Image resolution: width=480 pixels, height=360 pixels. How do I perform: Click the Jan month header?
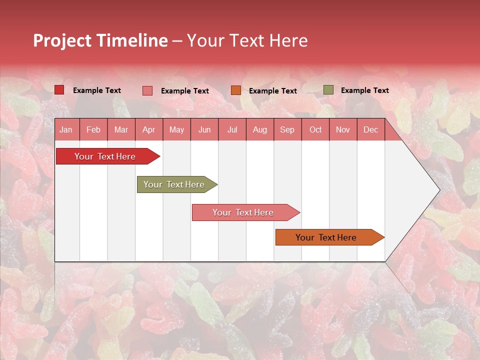tap(66, 129)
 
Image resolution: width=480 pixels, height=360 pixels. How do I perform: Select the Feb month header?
tap(93, 129)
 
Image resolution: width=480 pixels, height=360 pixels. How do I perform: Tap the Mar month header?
tap(121, 129)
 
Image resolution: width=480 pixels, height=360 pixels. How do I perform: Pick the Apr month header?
tap(148, 129)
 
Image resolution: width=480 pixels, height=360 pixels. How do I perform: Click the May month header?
tap(176, 129)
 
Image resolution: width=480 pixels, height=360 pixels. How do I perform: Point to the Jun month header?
tap(204, 129)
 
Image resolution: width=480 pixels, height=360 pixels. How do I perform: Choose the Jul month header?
tap(232, 129)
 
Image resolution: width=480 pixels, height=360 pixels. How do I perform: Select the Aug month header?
tap(260, 129)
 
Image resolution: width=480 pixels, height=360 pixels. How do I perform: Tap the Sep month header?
tap(287, 129)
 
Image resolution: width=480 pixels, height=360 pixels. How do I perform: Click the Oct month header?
tap(315, 129)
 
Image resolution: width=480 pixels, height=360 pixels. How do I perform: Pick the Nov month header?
tap(343, 129)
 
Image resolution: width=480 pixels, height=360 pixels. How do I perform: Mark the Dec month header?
tap(370, 129)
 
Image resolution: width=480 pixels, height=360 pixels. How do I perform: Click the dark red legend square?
tap(59, 90)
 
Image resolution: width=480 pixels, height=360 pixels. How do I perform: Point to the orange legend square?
tap(236, 90)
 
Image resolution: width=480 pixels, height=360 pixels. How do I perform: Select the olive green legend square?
tap(328, 90)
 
